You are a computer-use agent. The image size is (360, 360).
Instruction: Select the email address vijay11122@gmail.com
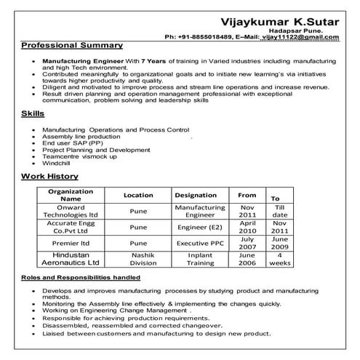pos(303,36)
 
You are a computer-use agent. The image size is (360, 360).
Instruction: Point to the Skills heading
pos(33,114)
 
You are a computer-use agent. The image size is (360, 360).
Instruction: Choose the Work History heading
pos(49,177)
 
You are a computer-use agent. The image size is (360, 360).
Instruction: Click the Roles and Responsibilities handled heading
pos(81,278)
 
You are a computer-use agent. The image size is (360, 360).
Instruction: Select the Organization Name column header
pos(71,195)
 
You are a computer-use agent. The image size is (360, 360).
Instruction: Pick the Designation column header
pos(196,196)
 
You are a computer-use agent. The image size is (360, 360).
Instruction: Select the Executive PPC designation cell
pos(196,244)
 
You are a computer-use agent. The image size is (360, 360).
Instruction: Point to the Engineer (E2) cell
pos(196,227)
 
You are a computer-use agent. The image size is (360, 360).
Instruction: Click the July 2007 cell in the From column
pos(247,243)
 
